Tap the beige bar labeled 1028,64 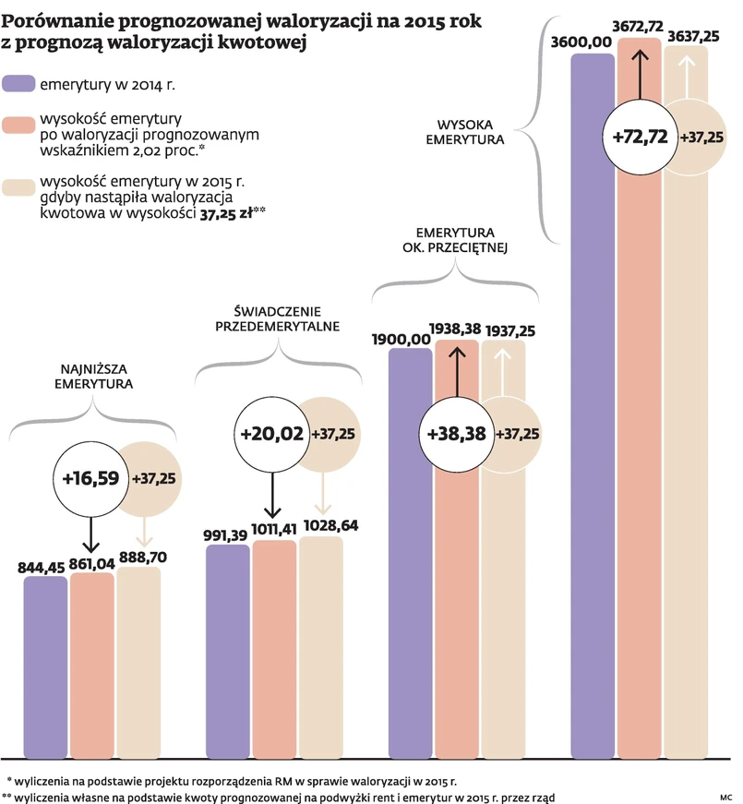coord(320,646)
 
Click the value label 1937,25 coord(505,330)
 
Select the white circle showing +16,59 coord(90,478)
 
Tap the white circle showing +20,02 coord(271,433)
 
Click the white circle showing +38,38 coord(456,433)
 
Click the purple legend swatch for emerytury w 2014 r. coord(18,84)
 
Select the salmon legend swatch coord(18,126)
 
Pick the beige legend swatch coord(18,188)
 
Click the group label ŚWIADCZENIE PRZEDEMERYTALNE coord(277,318)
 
